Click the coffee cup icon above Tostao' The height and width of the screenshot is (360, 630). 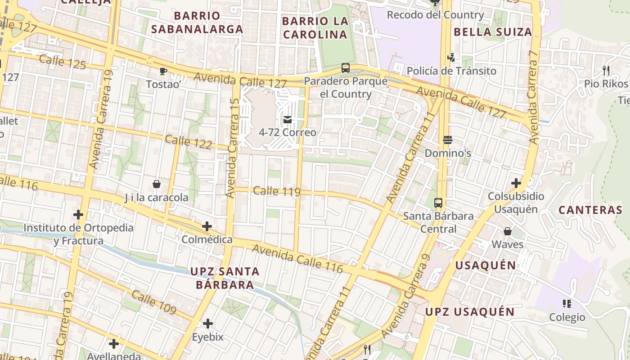click(163, 71)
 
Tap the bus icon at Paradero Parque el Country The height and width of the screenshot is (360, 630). click(346, 68)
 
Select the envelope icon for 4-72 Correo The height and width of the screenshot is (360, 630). click(288, 120)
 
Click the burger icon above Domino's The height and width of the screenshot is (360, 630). click(447, 140)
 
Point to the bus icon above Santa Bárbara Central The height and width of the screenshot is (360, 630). click(438, 202)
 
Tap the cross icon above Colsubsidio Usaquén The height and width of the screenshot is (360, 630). click(516, 183)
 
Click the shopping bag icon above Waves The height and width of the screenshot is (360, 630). click(508, 231)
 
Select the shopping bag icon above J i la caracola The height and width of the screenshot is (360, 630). click(157, 184)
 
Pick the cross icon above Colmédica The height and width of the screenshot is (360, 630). click(207, 226)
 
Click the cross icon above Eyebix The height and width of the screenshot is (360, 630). click(208, 324)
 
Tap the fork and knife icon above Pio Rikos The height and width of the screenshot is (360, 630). click(606, 71)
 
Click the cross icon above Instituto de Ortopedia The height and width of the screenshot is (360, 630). click(78, 215)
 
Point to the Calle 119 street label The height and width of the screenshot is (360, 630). click(276, 191)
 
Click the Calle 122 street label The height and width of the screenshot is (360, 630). click(188, 142)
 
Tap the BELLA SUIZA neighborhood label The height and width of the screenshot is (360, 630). click(493, 32)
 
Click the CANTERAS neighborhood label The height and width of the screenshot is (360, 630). click(590, 210)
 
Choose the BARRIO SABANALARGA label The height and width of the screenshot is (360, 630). click(197, 22)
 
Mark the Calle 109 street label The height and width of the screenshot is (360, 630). click(154, 302)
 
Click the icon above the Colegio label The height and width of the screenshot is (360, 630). click(567, 304)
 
